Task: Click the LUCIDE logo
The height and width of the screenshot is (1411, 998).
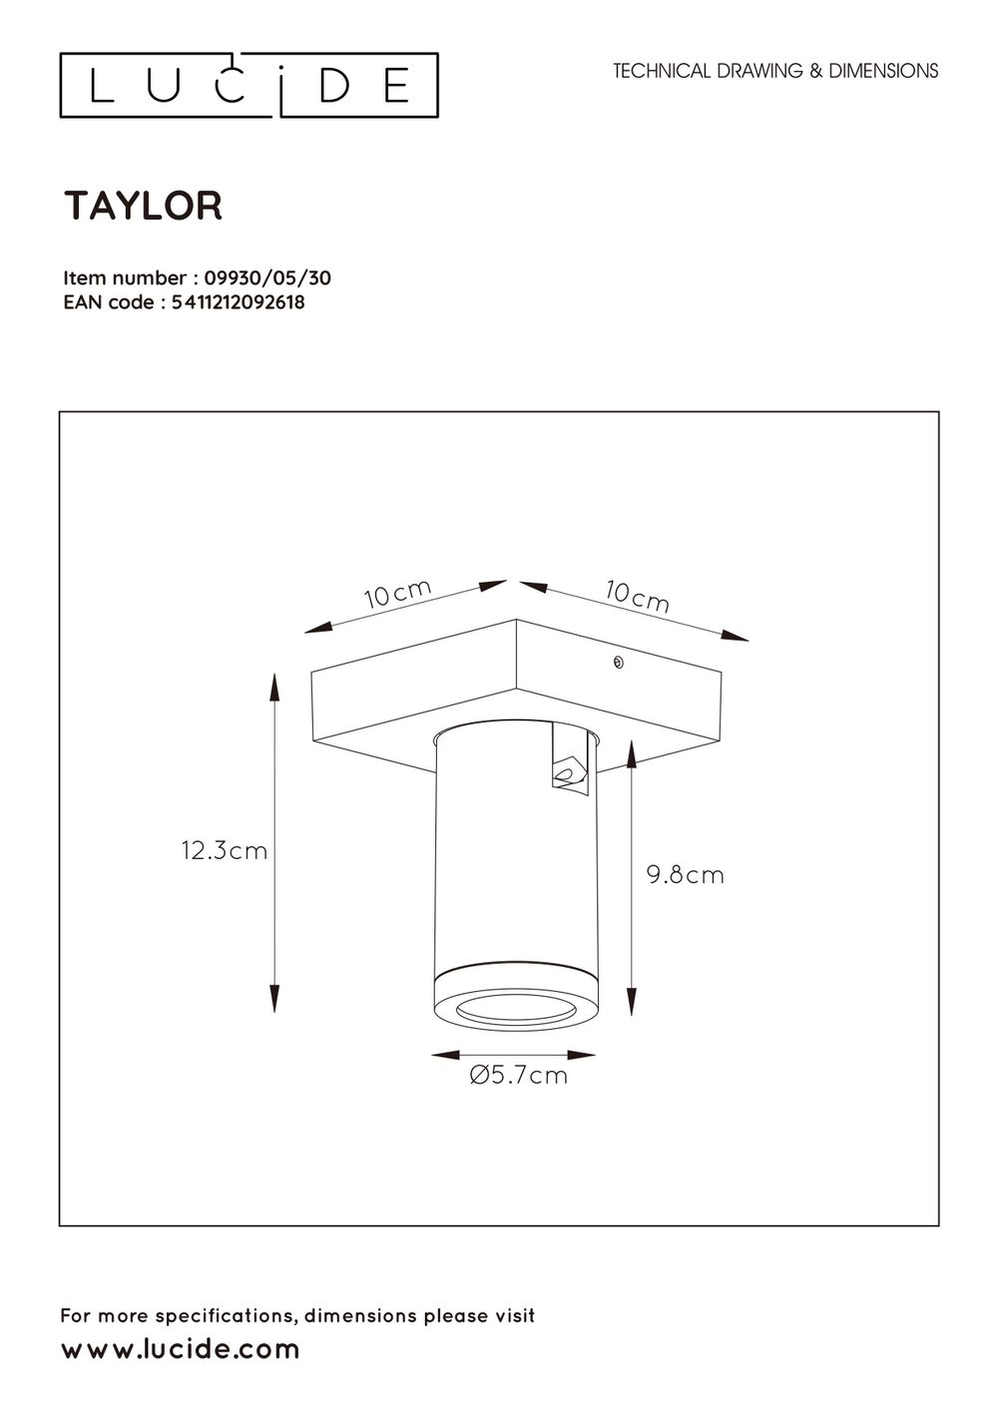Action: [249, 86]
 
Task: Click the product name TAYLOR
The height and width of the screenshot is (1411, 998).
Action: [144, 207]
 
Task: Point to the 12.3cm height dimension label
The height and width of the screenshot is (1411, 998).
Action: [225, 850]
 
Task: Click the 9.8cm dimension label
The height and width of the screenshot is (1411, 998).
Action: [685, 875]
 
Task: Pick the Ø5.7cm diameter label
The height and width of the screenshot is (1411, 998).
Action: [518, 1076]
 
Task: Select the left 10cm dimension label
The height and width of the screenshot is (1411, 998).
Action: [397, 595]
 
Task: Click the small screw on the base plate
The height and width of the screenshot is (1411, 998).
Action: [618, 663]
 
